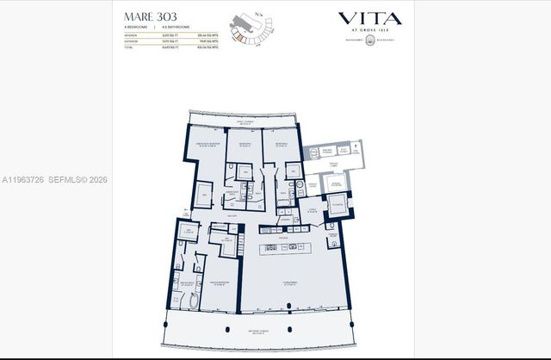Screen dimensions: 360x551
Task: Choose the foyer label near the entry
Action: click(313, 209)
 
